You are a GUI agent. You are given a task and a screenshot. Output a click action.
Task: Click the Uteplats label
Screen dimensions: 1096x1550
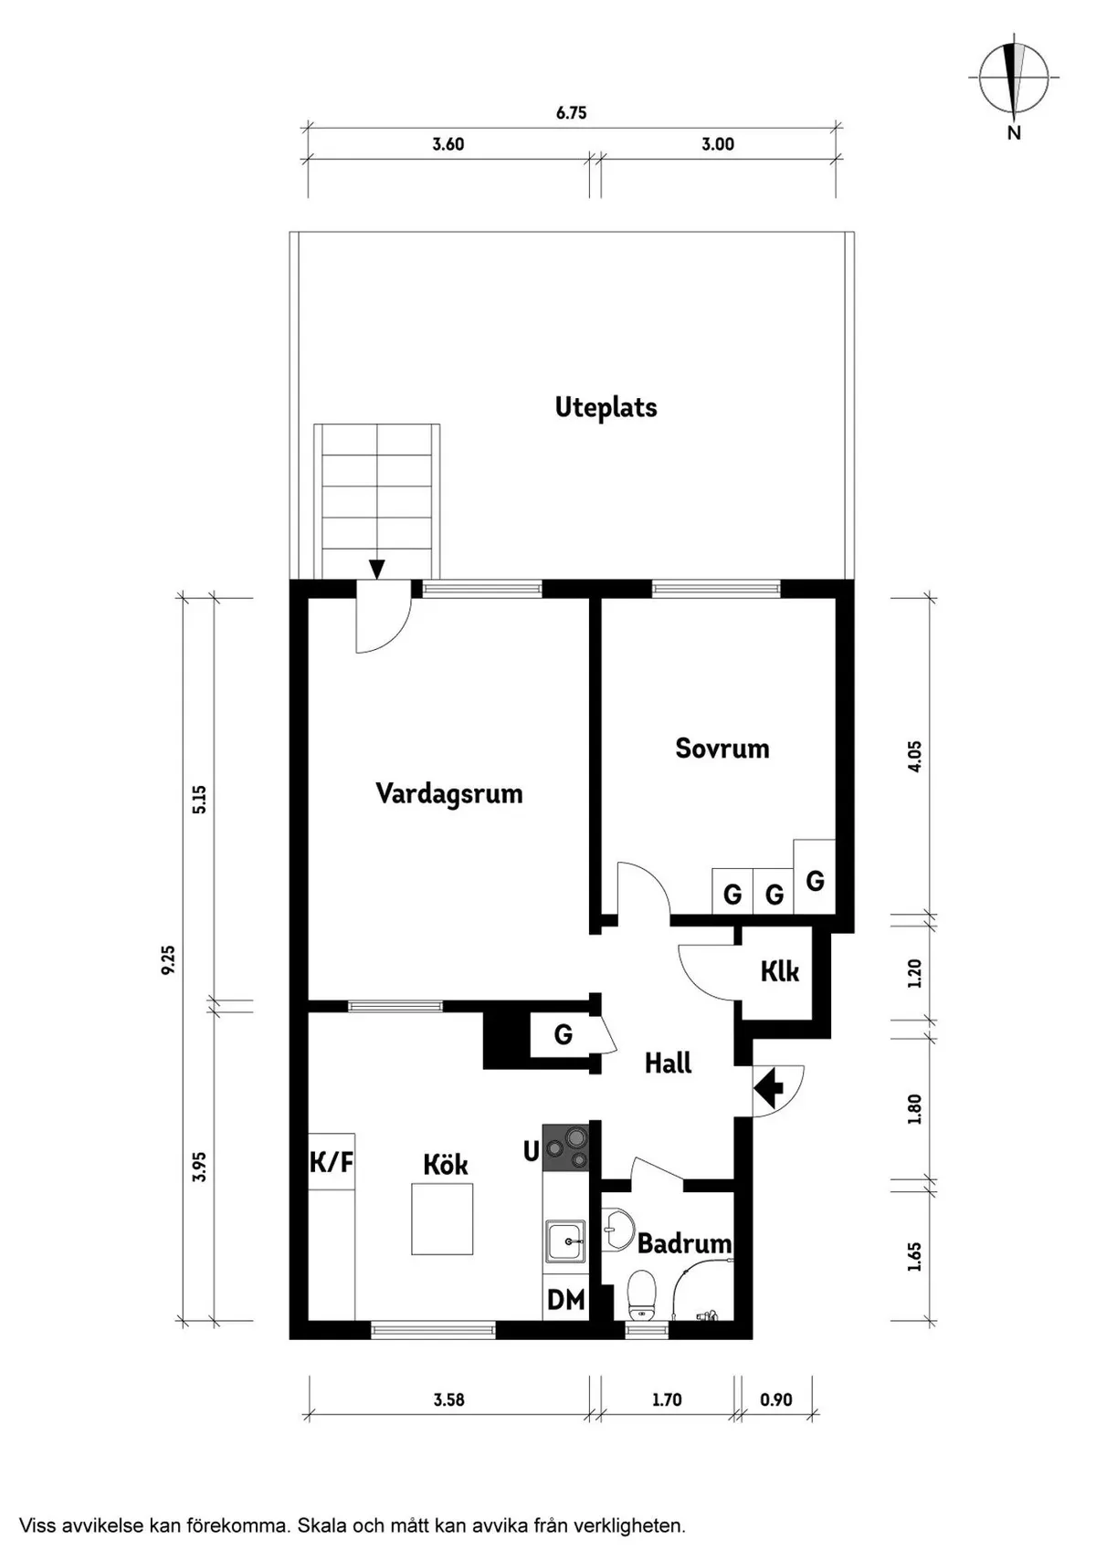606,407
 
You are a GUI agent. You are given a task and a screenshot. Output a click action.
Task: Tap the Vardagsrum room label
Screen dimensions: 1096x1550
448,793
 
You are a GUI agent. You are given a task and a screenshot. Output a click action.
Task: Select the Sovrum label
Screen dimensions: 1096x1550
722,748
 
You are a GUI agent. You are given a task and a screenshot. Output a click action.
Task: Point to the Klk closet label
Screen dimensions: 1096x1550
780,971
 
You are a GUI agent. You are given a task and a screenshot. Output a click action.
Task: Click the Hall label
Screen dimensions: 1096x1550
669,1063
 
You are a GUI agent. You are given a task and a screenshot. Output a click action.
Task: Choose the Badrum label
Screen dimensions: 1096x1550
684,1243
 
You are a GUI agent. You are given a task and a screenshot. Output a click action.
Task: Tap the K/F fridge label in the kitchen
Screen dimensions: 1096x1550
331,1163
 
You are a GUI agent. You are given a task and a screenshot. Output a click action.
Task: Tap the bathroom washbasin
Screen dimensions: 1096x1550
616,1230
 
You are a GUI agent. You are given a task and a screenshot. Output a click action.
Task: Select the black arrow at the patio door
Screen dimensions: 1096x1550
376,569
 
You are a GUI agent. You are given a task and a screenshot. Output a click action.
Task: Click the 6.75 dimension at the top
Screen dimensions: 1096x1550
571,113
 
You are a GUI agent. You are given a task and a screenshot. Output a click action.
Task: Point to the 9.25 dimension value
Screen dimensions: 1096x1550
168,959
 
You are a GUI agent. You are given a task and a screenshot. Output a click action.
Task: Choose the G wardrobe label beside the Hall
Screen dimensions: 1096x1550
563,1034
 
